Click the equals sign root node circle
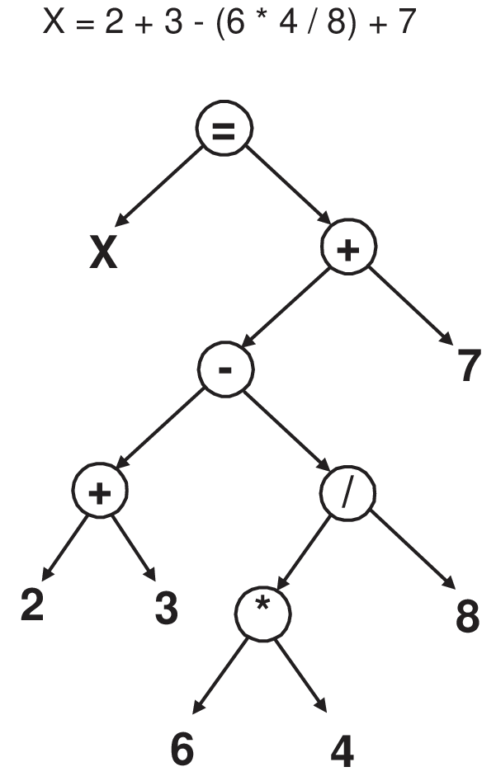tap(223, 131)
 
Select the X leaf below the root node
tap(103, 253)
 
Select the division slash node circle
tap(347, 492)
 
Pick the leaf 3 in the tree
tap(166, 606)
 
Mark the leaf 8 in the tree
tap(467, 614)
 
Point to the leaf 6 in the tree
tap(182, 747)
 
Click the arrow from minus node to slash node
tap(286, 430)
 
